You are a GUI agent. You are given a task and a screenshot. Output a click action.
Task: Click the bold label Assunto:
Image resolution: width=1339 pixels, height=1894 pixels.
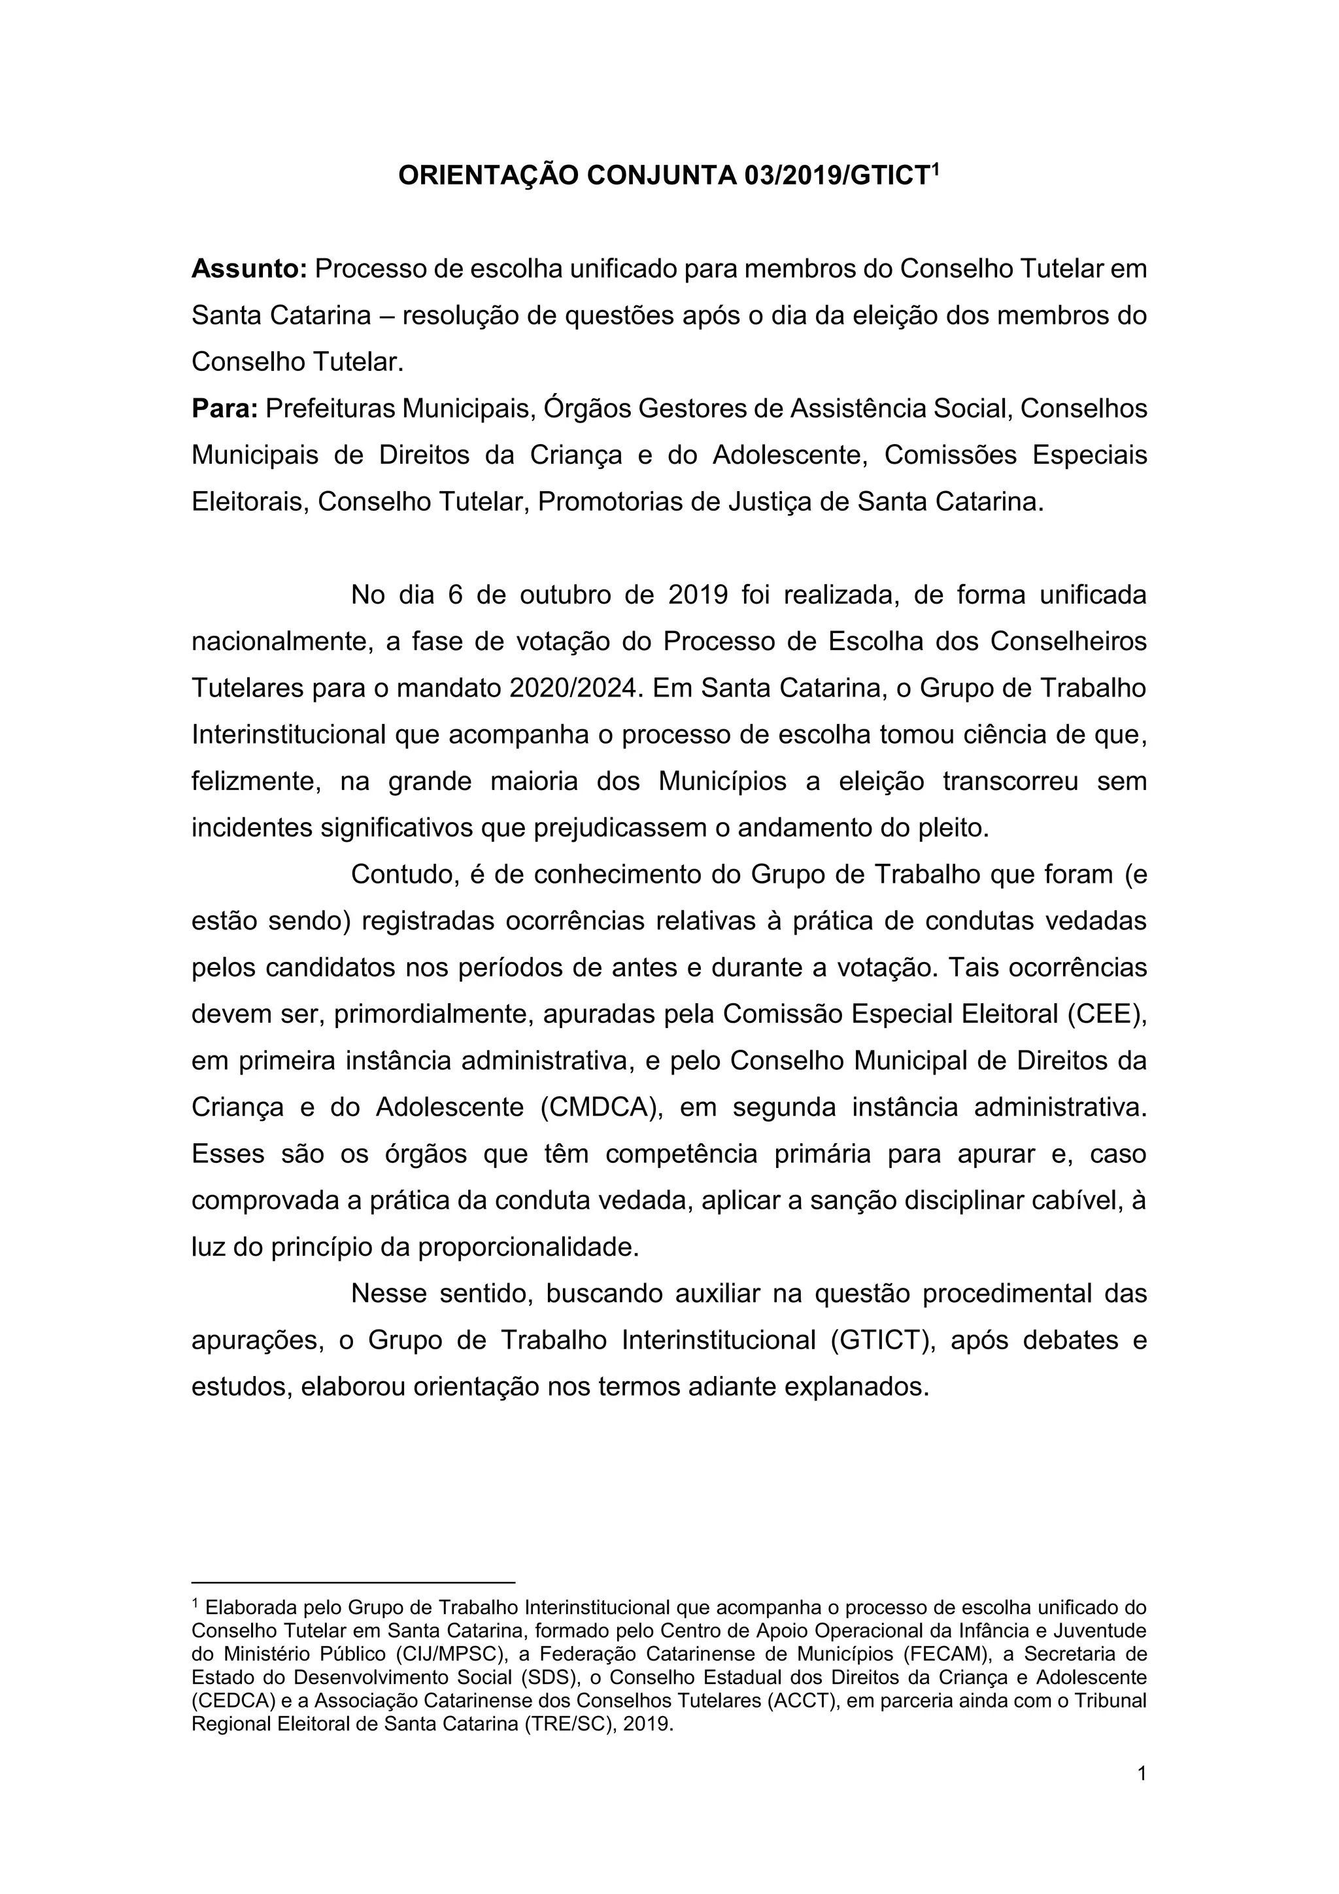249,269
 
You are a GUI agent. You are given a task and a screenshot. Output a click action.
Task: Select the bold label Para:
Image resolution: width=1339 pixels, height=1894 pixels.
224,408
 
